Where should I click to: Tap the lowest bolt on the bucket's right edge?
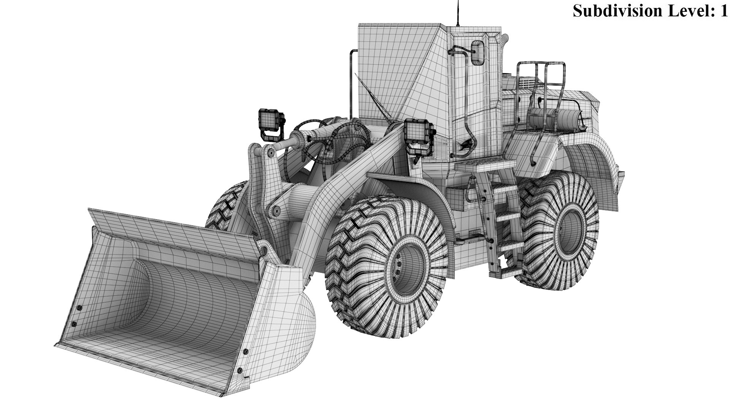pyautogui.click(x=239, y=370)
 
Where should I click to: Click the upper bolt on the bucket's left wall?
pyautogui.click(x=79, y=307)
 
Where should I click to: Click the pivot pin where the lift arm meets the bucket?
pyautogui.click(x=262, y=250)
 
